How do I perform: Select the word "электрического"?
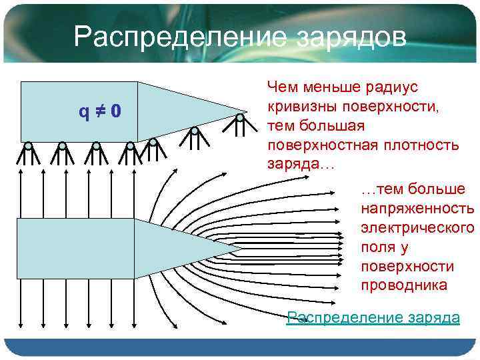click(417, 227)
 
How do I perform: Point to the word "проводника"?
click(404, 285)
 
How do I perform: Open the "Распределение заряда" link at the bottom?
click(373, 317)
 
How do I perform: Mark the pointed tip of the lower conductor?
click(241, 249)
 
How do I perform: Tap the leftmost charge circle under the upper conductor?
click(28, 145)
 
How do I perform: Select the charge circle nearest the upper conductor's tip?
click(240, 117)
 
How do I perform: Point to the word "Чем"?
click(281, 87)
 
